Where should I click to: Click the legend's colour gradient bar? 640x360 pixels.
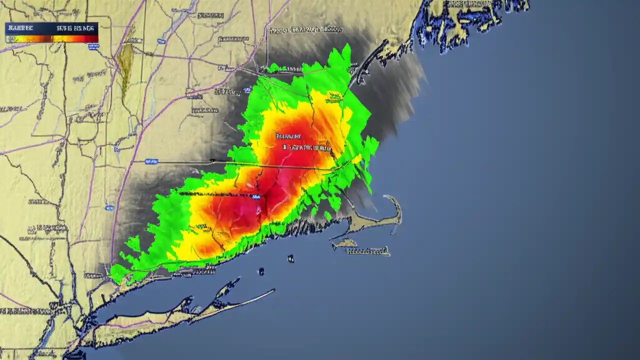[x=51, y=38]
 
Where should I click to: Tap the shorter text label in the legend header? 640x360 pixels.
[x=19, y=27]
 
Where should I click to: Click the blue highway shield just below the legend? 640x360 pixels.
[x=93, y=46]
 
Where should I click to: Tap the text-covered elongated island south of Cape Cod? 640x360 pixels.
[x=368, y=250]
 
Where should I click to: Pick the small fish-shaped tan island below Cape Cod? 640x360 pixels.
[x=344, y=243]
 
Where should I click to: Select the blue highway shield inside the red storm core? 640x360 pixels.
[x=256, y=197]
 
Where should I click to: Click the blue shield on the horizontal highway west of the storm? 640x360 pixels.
[x=151, y=161]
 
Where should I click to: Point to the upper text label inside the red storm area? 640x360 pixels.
[x=288, y=135]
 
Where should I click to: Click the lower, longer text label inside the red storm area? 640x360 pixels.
[x=306, y=147]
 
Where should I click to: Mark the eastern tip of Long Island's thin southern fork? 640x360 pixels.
[x=273, y=290]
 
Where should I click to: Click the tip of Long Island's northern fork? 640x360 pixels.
[x=237, y=281]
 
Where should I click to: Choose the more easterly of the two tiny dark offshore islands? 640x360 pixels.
[x=290, y=258]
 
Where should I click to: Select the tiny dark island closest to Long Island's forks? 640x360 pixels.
[x=261, y=271]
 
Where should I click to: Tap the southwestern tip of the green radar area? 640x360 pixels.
[x=113, y=274]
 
